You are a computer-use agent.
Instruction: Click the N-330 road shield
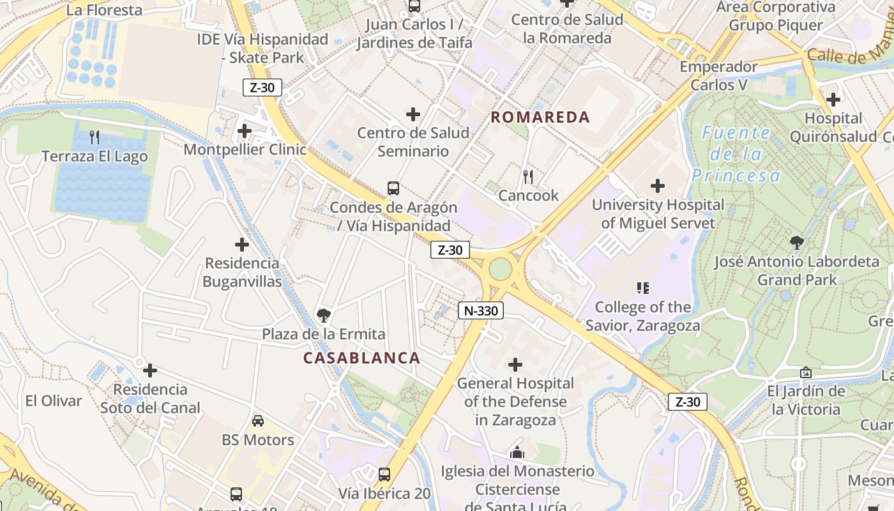click(x=481, y=311)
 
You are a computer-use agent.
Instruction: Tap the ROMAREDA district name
click(x=540, y=118)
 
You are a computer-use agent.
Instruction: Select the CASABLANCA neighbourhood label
click(x=361, y=358)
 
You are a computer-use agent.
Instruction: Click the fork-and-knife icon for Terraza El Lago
click(x=95, y=137)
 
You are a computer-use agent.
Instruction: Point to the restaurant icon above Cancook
click(x=528, y=176)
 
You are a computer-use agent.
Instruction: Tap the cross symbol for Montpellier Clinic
click(x=245, y=131)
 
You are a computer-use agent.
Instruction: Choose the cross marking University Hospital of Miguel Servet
click(x=658, y=186)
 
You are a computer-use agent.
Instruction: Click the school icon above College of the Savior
click(x=643, y=288)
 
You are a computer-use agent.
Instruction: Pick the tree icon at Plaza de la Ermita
click(x=324, y=315)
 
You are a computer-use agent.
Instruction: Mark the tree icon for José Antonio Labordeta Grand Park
click(x=796, y=242)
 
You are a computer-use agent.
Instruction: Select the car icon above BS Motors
click(x=258, y=420)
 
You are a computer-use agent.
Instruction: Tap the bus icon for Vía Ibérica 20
click(x=384, y=475)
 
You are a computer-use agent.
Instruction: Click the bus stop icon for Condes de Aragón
click(x=393, y=188)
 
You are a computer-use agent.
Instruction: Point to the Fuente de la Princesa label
click(x=736, y=154)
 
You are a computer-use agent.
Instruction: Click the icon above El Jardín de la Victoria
click(x=806, y=372)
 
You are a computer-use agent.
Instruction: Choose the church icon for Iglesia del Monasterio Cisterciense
click(x=517, y=453)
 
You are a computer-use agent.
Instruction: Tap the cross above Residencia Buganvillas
click(x=242, y=245)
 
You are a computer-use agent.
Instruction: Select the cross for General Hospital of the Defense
click(x=515, y=365)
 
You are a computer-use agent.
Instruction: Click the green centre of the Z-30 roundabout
click(x=501, y=269)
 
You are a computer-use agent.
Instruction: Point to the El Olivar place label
click(x=54, y=401)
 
